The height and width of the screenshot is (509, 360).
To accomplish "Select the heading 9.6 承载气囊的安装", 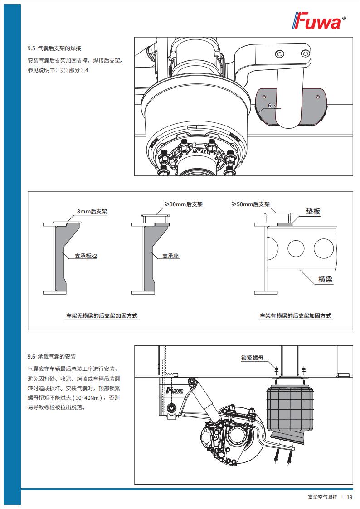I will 52,356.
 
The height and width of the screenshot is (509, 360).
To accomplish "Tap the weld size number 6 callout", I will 269,106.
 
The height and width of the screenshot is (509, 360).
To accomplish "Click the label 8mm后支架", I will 92,212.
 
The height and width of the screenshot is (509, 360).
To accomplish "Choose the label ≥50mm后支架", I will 251,205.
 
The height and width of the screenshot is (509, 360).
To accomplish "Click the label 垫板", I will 313,211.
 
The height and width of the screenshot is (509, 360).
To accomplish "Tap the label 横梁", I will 325,279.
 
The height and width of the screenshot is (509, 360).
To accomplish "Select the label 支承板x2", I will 86,256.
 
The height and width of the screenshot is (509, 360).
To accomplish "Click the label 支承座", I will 170,256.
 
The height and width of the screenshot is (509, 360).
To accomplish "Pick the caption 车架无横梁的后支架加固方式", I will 102,315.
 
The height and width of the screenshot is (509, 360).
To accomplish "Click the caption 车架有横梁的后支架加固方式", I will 295,315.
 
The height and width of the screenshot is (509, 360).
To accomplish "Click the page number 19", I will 350,497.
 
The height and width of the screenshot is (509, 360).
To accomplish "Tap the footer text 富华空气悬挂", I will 322,497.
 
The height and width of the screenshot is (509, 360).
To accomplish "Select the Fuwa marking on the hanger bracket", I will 175,390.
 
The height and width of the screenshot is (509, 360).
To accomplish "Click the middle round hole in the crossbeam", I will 296,248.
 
